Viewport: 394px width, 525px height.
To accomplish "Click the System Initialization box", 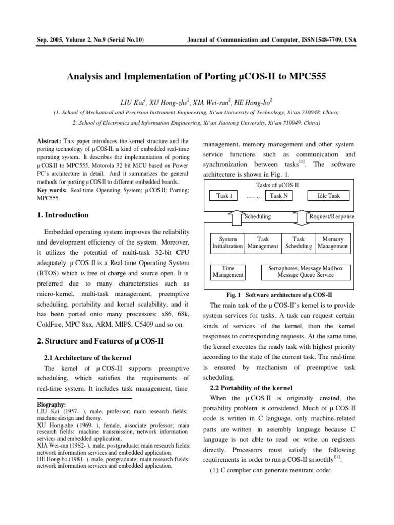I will [227, 243].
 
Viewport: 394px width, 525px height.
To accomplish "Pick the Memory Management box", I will [332, 243].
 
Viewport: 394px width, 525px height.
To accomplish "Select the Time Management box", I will [228, 272].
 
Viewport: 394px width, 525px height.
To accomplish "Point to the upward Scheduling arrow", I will [237, 217].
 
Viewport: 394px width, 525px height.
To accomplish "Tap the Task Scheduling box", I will [298, 243].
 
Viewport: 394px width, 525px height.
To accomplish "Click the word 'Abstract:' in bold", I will [50, 141].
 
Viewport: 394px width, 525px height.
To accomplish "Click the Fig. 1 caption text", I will [280, 295].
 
